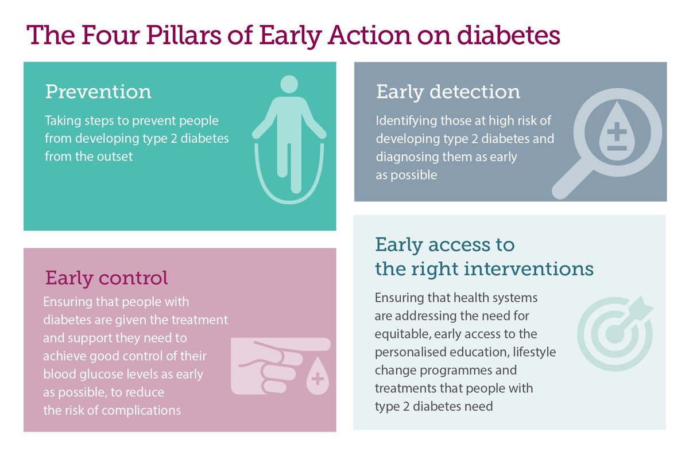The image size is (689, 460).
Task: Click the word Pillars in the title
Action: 183,35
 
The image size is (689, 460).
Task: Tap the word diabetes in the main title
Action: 509,35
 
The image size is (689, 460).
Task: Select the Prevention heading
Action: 98,92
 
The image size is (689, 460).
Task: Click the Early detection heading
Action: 448,92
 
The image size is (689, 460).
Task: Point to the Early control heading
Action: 106,278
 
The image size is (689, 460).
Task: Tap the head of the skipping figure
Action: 289,84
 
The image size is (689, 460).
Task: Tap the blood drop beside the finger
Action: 318,376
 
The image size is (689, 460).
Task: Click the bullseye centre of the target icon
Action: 614,334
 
